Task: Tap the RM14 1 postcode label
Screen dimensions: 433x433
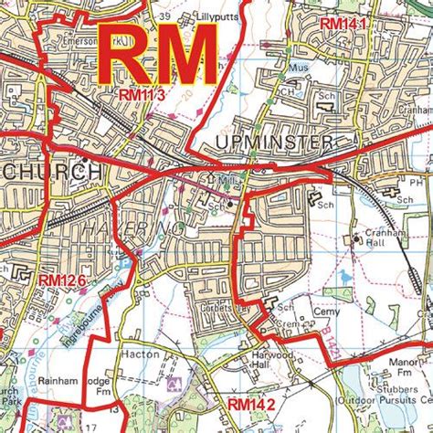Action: (343, 23)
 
